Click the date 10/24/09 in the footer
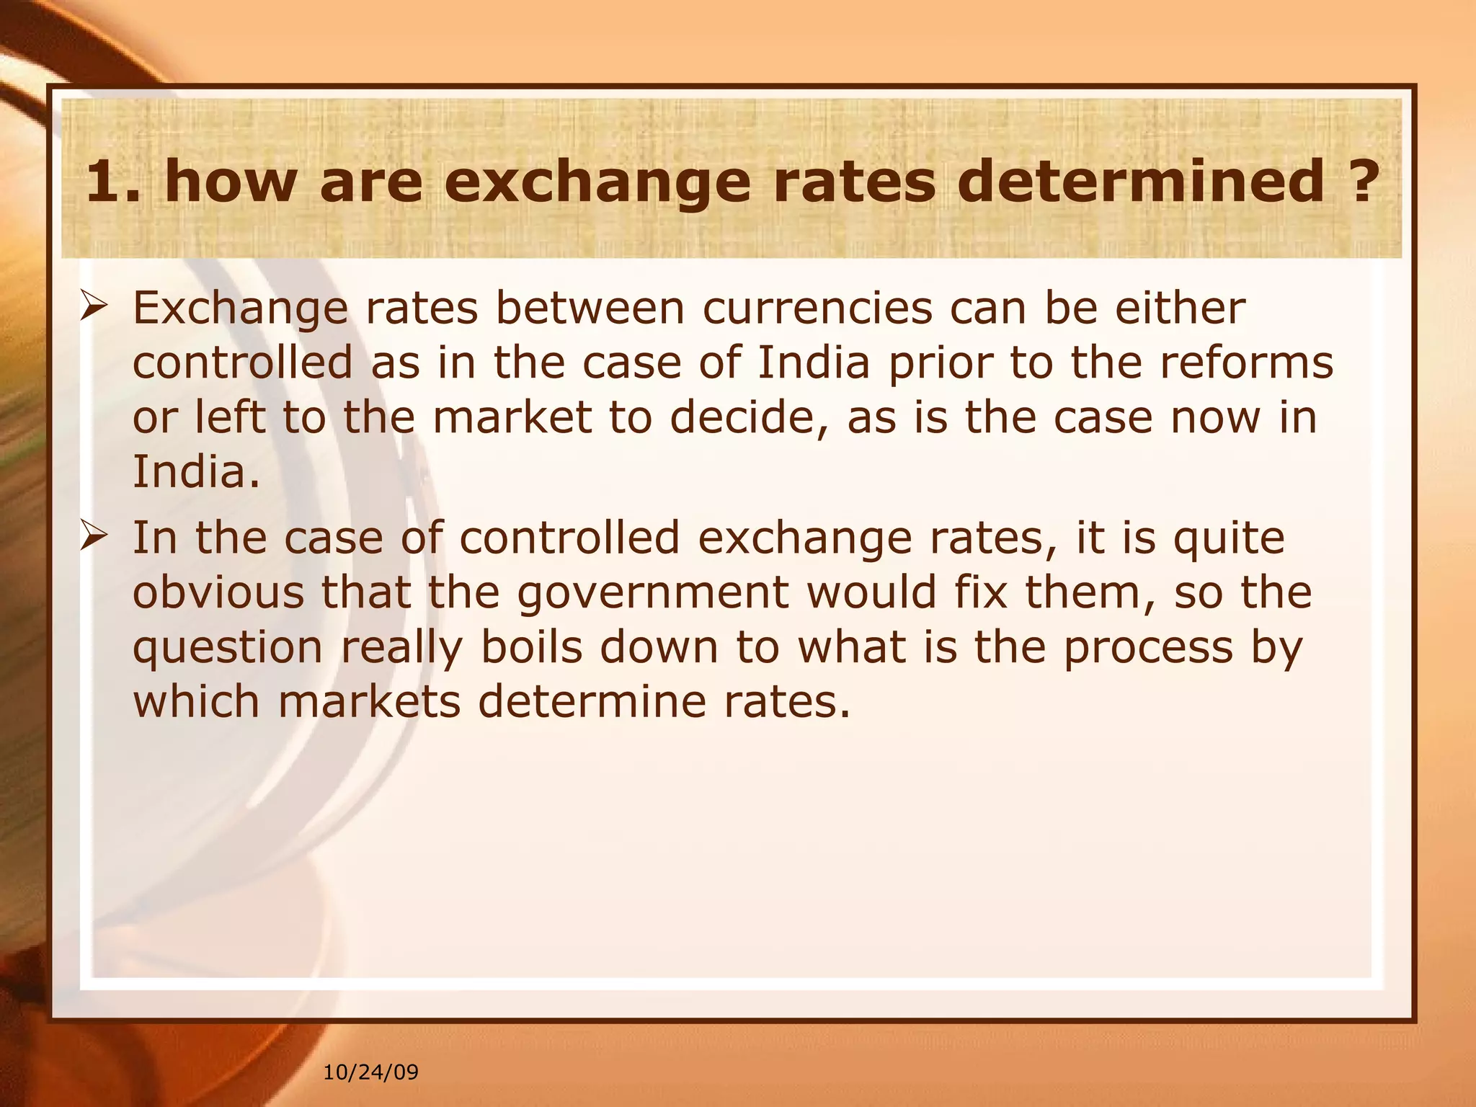(x=370, y=1072)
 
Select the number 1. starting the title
(x=113, y=182)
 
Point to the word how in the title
(x=230, y=182)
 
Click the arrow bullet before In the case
(x=94, y=538)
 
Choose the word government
(x=653, y=594)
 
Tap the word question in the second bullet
(x=227, y=649)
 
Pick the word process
(x=1148, y=649)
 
